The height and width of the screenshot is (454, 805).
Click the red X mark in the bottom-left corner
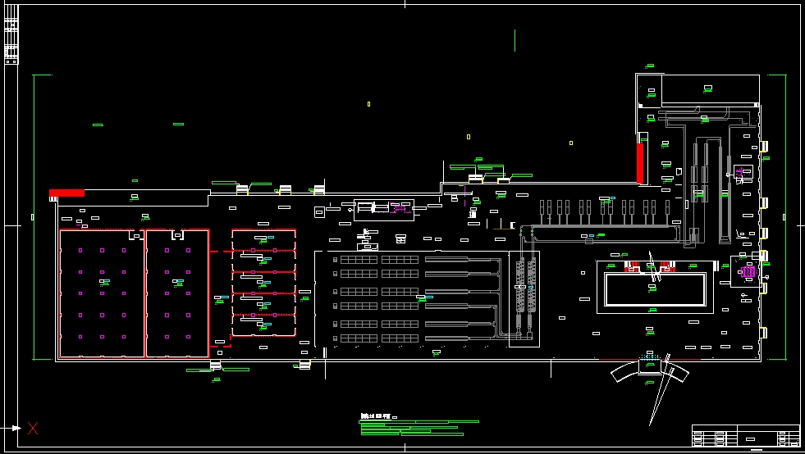[x=33, y=427]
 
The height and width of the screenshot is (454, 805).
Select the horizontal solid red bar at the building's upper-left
[x=66, y=193]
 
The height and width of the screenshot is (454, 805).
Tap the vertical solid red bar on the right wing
[x=640, y=163]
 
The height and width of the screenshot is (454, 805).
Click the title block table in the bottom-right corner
[x=745, y=436]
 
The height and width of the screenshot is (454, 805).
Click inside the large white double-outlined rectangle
[x=655, y=289]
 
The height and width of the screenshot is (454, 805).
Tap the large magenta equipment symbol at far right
[x=748, y=271]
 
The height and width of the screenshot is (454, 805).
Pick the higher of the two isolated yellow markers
[x=368, y=104]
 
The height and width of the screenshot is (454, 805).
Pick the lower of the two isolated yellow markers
[x=469, y=137]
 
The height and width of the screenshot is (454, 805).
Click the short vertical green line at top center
[x=515, y=40]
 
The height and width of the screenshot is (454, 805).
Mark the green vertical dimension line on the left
[x=33, y=216]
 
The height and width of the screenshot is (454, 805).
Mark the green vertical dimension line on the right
[x=786, y=216]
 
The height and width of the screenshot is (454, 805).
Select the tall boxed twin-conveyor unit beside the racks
[x=524, y=298]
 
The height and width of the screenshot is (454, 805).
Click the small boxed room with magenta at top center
[x=383, y=209]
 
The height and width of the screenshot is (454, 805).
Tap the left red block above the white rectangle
[x=633, y=266]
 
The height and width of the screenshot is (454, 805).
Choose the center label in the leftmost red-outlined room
[x=104, y=282]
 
